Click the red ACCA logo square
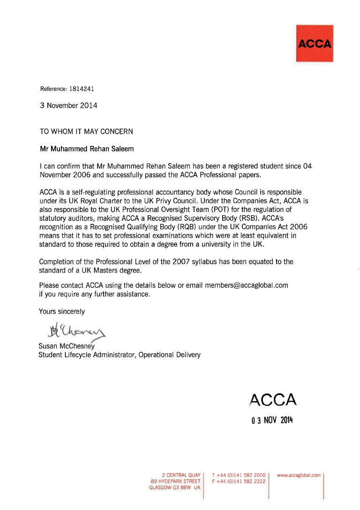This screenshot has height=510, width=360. pos(315,44)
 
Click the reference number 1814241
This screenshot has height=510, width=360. pos(82,88)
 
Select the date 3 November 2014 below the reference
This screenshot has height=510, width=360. pos(68,106)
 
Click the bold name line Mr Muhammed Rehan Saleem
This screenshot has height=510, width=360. pos(86,149)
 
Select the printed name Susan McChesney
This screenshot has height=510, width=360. pos(67,346)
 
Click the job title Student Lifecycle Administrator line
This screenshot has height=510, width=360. pos(120,355)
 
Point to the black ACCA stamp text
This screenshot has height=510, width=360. pos(273,399)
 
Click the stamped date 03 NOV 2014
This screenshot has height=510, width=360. pos(271,420)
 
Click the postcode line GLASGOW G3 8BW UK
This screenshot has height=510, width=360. pos(174,488)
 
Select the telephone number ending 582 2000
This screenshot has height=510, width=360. pos(239,475)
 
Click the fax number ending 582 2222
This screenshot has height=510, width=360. pos(239,481)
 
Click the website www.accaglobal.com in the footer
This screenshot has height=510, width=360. pos(299,475)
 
